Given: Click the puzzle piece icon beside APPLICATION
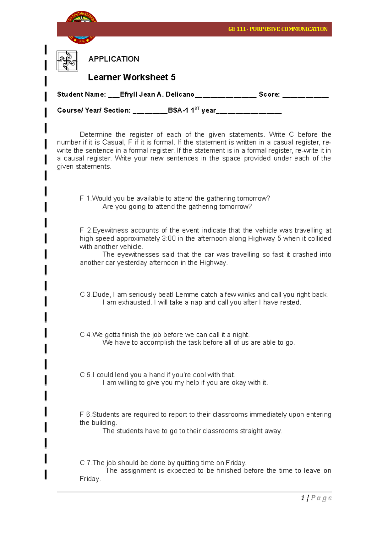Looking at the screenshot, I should pyautogui.click(x=67, y=61).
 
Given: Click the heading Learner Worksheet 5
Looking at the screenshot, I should pyautogui.click(x=131, y=77).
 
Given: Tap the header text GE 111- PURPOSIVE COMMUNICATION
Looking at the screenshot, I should pyautogui.click(x=277, y=29).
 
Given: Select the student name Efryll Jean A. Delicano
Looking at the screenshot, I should pyautogui.click(x=157, y=94).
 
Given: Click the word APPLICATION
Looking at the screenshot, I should pyautogui.click(x=114, y=59).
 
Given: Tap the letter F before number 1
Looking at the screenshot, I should pyautogui.click(x=82, y=198).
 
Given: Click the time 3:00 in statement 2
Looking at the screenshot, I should pyautogui.click(x=169, y=239).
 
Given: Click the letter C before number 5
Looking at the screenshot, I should pyautogui.click(x=82, y=375).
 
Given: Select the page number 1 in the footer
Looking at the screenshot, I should pyautogui.click(x=303, y=498).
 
